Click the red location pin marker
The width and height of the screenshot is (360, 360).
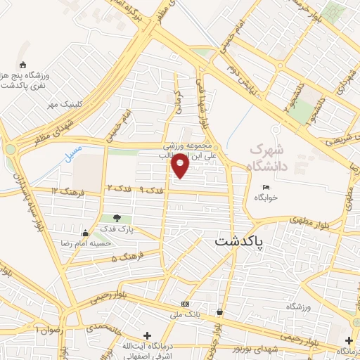180,165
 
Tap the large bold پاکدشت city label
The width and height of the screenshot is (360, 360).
240,241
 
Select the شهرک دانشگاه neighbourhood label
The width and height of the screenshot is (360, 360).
270,157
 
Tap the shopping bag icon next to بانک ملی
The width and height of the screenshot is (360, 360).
220,311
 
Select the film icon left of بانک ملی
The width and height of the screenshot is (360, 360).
185,304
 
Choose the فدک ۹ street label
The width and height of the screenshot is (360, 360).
150,191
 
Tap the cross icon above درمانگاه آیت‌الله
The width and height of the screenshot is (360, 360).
147,335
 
